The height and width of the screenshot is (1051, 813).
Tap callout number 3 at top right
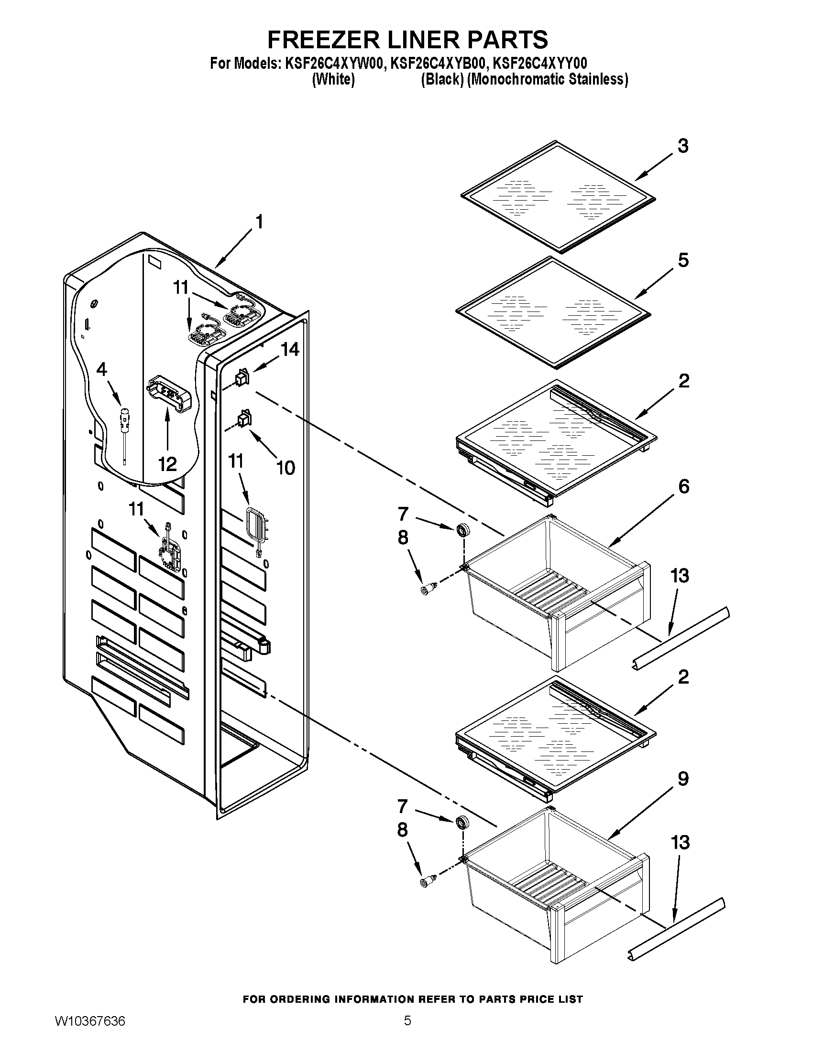coord(682,146)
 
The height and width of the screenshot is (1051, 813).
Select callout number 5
coord(682,260)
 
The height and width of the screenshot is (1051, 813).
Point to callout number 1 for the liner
coord(259,222)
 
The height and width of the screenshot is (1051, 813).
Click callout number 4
coord(101,369)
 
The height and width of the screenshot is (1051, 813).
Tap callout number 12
coord(167,464)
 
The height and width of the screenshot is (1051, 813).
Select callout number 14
coord(290,349)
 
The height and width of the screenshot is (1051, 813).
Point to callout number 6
coord(683,486)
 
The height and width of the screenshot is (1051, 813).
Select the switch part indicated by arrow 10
coord(244,418)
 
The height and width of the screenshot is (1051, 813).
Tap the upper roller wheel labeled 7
coord(463,530)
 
